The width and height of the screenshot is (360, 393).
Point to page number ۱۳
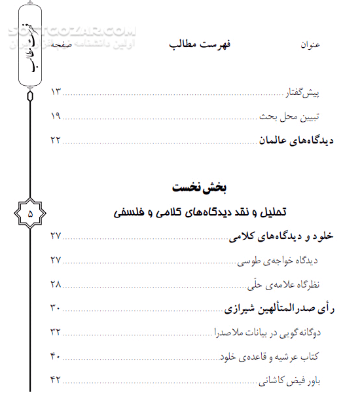tap(56, 91)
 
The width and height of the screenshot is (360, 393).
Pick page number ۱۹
tap(56, 116)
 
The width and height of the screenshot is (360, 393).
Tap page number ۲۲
tap(56, 140)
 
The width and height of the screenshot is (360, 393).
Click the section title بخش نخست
tap(200, 188)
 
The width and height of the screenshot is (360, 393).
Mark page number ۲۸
tap(56, 284)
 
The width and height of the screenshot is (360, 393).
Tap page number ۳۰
tap(56, 307)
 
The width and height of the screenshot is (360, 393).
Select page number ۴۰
tap(56, 355)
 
